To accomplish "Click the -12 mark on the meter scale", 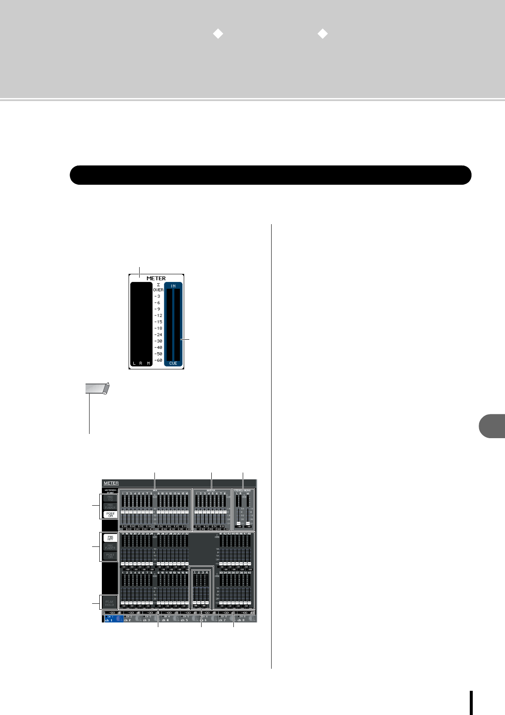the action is (158, 315).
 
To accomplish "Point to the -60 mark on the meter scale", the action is (158, 360).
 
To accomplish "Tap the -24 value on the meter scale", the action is (158, 335).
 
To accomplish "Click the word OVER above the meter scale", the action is (158, 290).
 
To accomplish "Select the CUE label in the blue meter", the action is (173, 363).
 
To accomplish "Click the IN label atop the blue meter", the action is (173, 286).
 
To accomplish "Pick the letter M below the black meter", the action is (149, 363).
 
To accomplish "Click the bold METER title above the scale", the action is (156, 279).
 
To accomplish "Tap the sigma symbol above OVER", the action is (158, 284).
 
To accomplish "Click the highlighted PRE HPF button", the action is (110, 538).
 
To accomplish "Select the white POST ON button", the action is (110, 515).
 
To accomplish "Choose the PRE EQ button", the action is (110, 498).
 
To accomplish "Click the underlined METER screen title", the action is (111, 483).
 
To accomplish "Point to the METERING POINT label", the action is (110, 491).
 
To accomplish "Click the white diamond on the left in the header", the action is (218, 34).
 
